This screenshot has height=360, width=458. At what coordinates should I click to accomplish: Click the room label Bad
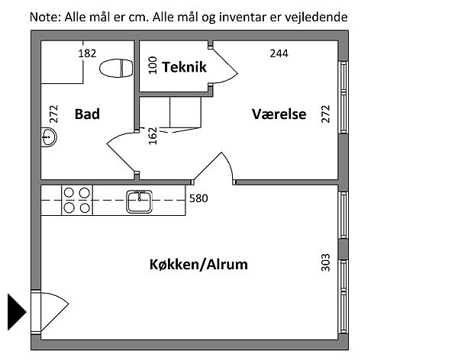pos(87,114)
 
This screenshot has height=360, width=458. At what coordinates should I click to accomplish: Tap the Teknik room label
pos(184,67)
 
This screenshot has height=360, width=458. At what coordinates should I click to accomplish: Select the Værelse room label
pos(279,114)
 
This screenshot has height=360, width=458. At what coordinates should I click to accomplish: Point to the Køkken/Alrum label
pos(198,265)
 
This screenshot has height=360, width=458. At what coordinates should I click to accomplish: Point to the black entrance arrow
pos(16,310)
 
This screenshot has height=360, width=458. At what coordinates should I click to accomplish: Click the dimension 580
pos(198,198)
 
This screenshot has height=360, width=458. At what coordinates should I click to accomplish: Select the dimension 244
pos(280,53)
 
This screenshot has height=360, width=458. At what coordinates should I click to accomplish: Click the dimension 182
pos(88,53)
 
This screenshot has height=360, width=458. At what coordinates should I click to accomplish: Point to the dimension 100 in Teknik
pos(152,66)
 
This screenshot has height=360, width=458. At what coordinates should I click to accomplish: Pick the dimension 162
pos(152,136)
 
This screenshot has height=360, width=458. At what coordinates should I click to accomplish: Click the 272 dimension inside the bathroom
pos(53,114)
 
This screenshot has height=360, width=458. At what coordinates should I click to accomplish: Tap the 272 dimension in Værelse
pos(326,114)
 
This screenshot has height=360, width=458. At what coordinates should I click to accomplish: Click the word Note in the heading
pos(44,16)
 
